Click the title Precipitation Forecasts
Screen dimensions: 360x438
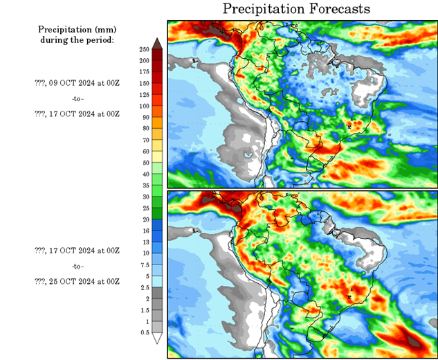[x=295, y=9]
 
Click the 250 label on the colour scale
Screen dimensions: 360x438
[x=144, y=49]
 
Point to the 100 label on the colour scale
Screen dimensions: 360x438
[x=144, y=106]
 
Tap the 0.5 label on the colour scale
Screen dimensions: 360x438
[x=144, y=333]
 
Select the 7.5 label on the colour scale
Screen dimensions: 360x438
[x=144, y=265]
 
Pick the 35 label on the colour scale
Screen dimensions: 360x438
[x=144, y=186]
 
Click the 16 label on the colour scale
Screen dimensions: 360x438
[x=144, y=231]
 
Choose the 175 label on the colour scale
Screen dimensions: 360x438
[x=144, y=72]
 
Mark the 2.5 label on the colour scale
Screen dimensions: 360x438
[x=144, y=287]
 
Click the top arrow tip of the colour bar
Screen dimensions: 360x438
[x=158, y=42]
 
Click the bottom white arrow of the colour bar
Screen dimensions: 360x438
[x=158, y=339]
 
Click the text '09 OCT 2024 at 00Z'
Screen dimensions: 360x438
[x=83, y=83]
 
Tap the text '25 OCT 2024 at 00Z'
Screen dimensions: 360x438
[x=83, y=282]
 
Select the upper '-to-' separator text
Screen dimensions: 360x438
[x=77, y=98]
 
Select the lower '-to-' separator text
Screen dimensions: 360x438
[x=77, y=266]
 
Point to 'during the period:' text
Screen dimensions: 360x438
[x=76, y=39]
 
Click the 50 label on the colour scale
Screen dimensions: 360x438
[x=144, y=163]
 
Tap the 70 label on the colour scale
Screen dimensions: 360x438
[x=144, y=141]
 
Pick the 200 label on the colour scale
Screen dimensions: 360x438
[x=144, y=61]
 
